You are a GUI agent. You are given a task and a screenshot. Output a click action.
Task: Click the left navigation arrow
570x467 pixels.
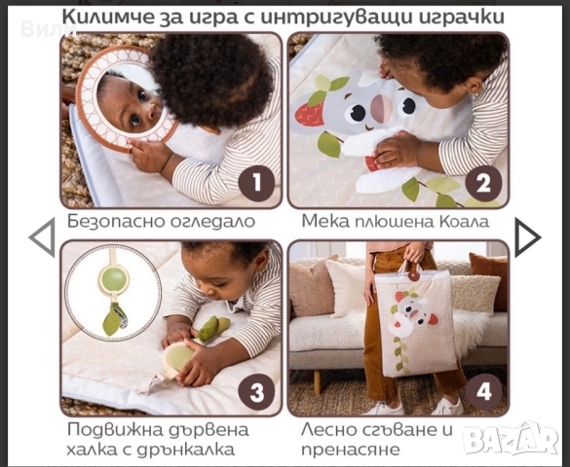[x=41, y=238]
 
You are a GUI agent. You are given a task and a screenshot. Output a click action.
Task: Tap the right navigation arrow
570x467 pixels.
[x=527, y=238]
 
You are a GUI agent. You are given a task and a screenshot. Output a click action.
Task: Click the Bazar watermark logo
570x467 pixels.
[x=513, y=440]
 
